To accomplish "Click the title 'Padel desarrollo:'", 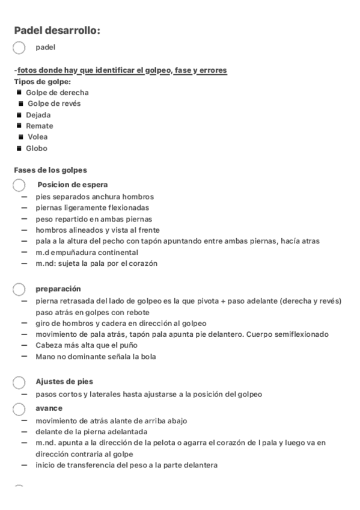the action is tap(57, 31).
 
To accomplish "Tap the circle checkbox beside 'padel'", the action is tap(19, 48).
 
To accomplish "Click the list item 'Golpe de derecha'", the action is tap(57, 93).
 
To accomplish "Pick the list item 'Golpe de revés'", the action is tap(54, 103).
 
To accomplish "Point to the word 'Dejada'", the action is tap(38, 115).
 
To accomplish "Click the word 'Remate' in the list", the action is tap(39, 126).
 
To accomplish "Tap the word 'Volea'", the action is tap(38, 137).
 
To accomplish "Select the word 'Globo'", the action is tap(36, 148).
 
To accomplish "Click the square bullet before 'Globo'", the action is tap(19, 148).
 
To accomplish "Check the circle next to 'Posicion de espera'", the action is tap(19, 185).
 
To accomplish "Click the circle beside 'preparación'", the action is tap(19, 289).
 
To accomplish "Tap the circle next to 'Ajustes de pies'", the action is tap(19, 382).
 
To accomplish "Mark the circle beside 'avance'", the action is tap(19, 408).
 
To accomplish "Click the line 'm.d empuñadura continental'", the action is tap(87, 253).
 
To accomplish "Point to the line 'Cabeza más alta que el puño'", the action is tap(87, 345).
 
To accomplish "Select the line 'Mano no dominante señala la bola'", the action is tap(95, 357).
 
